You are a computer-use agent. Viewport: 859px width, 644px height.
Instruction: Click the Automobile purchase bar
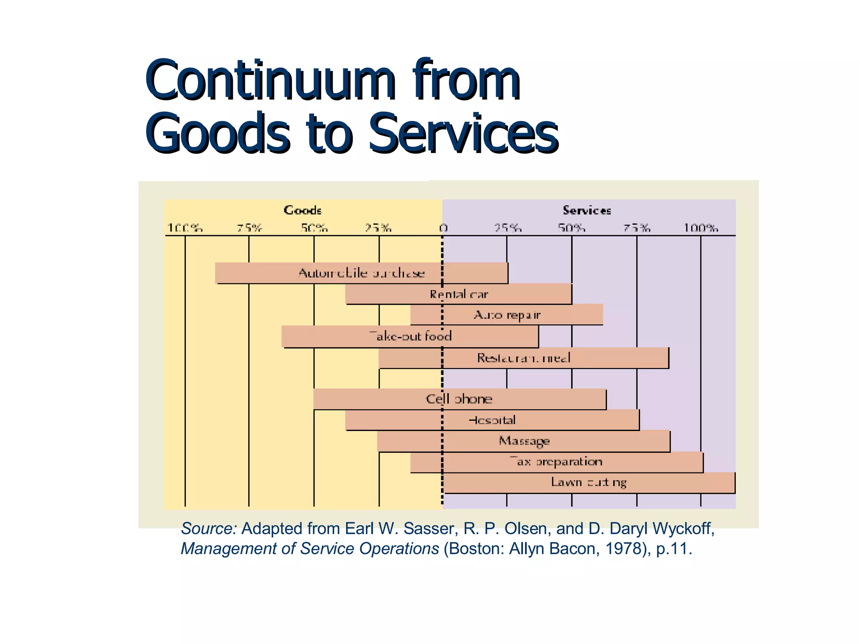pos(362,273)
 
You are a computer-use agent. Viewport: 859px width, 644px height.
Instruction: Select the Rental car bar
pos(458,294)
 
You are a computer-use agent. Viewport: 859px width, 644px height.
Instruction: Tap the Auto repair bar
pos(507,314)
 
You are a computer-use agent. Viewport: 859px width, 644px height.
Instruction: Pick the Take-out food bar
pos(410,336)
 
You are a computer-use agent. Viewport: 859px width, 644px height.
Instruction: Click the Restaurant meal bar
pos(523,358)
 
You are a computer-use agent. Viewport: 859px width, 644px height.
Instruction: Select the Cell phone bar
pos(459,399)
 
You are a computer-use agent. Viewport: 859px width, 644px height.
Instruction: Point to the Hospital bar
pos(492,420)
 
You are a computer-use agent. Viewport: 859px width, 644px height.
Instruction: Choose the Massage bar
pos(523,441)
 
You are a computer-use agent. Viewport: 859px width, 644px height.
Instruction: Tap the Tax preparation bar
pos(557,462)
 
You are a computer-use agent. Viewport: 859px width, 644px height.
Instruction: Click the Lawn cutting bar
pos(589,483)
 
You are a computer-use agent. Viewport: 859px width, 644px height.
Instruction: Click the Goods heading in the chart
pos(302,210)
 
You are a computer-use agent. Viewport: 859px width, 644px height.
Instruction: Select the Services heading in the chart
pos(586,210)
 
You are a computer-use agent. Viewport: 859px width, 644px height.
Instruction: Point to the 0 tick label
pos(443,228)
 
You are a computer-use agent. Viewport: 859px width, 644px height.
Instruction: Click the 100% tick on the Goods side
pos(185,228)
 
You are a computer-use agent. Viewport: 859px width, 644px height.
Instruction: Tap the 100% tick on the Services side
pos(701,228)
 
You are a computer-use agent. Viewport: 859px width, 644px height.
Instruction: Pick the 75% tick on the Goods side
pos(249,228)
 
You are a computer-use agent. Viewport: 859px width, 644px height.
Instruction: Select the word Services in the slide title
pos(463,133)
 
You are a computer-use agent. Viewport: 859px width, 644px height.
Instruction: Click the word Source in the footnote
pos(208,529)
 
